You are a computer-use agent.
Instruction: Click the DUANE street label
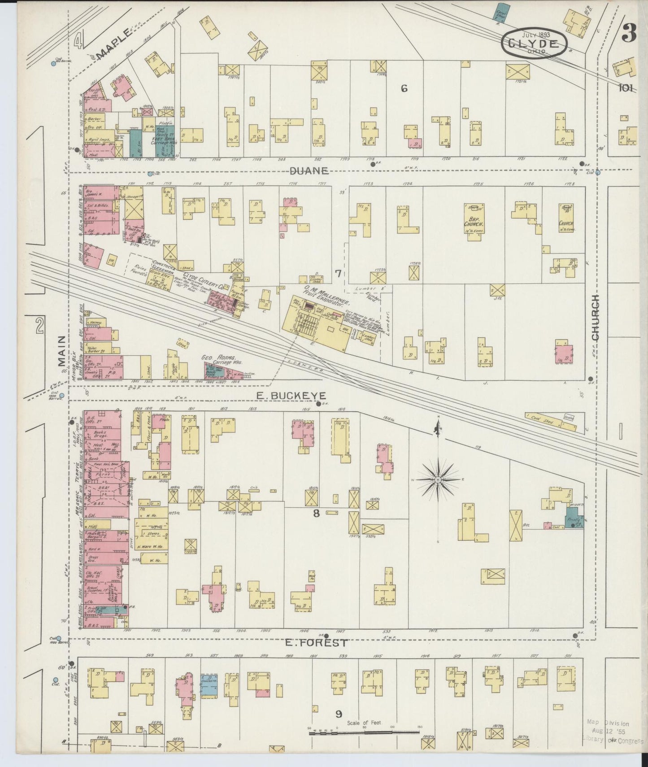(x=309, y=171)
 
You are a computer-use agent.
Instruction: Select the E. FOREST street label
(x=316, y=642)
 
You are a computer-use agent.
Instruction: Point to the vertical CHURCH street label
(x=595, y=317)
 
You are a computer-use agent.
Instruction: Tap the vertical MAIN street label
(x=61, y=352)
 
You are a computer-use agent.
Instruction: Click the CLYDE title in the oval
(x=533, y=44)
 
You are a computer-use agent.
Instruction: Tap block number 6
(x=404, y=89)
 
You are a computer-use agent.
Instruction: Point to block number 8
(x=316, y=514)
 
